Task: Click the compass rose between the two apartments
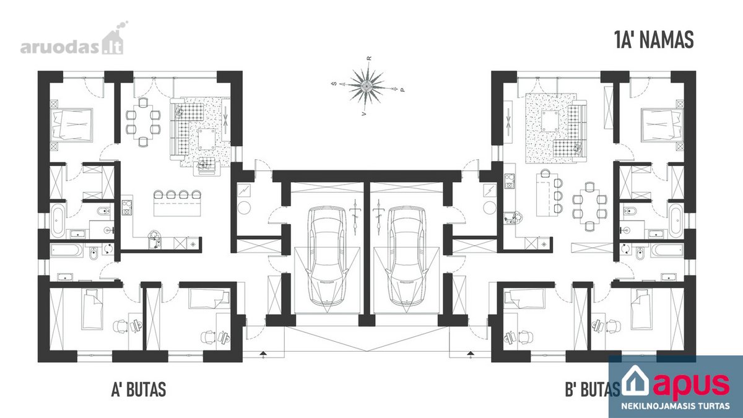pos(366,86)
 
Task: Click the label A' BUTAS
pos(139,389)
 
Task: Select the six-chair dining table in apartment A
pos(143,121)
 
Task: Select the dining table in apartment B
pos(589,206)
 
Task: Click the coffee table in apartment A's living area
pos(207,139)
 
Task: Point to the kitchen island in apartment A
pos(178,207)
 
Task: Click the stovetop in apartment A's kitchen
pos(127,207)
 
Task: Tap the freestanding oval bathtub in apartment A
pos(58,220)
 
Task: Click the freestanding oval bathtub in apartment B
pos(676,220)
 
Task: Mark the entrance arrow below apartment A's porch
pos(263,354)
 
